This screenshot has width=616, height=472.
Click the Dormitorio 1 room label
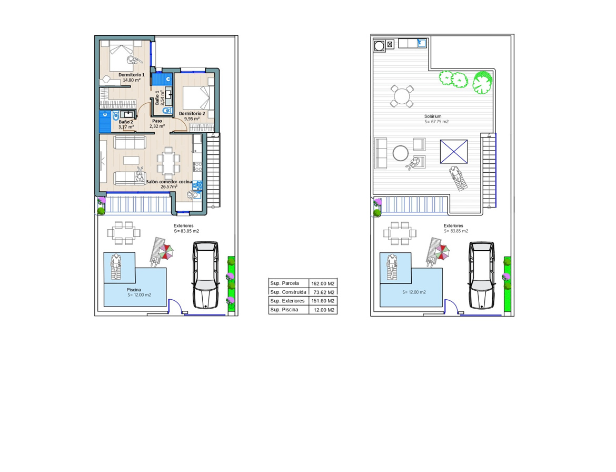coord(132,75)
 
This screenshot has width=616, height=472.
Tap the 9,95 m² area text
coord(192,119)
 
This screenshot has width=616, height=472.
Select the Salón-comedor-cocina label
coord(169,182)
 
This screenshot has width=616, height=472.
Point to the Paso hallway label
coord(157,121)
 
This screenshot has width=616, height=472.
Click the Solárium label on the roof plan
coord(433,116)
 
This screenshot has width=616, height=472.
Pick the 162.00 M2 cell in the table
coord(323,283)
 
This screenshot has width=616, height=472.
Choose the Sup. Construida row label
coord(289,292)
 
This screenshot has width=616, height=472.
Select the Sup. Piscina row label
coord(284,310)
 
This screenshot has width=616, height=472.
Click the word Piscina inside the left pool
coord(134,290)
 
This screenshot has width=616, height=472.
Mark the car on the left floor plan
coord(205,275)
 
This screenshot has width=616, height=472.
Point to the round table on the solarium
coord(402,96)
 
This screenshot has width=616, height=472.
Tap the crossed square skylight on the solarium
coord(454,151)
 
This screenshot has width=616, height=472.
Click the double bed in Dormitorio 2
coord(196,98)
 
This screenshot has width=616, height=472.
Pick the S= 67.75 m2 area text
coord(436,122)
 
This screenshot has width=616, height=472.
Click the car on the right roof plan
coord(482,275)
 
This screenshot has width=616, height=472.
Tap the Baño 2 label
coord(126,122)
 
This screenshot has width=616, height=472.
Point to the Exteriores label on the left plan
coord(183,226)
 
